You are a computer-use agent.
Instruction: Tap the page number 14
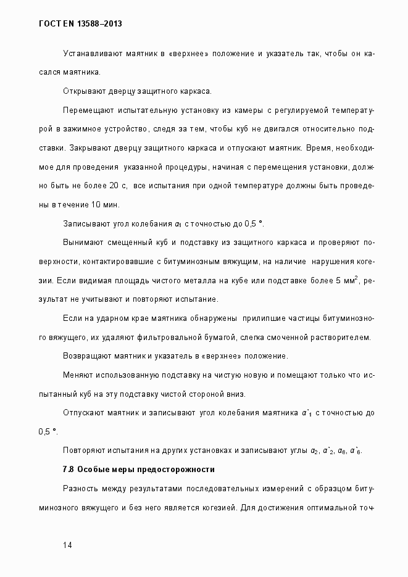coord(68,545)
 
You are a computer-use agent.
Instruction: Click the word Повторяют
coord(83,450)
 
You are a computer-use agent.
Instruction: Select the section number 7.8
coord(69,470)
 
